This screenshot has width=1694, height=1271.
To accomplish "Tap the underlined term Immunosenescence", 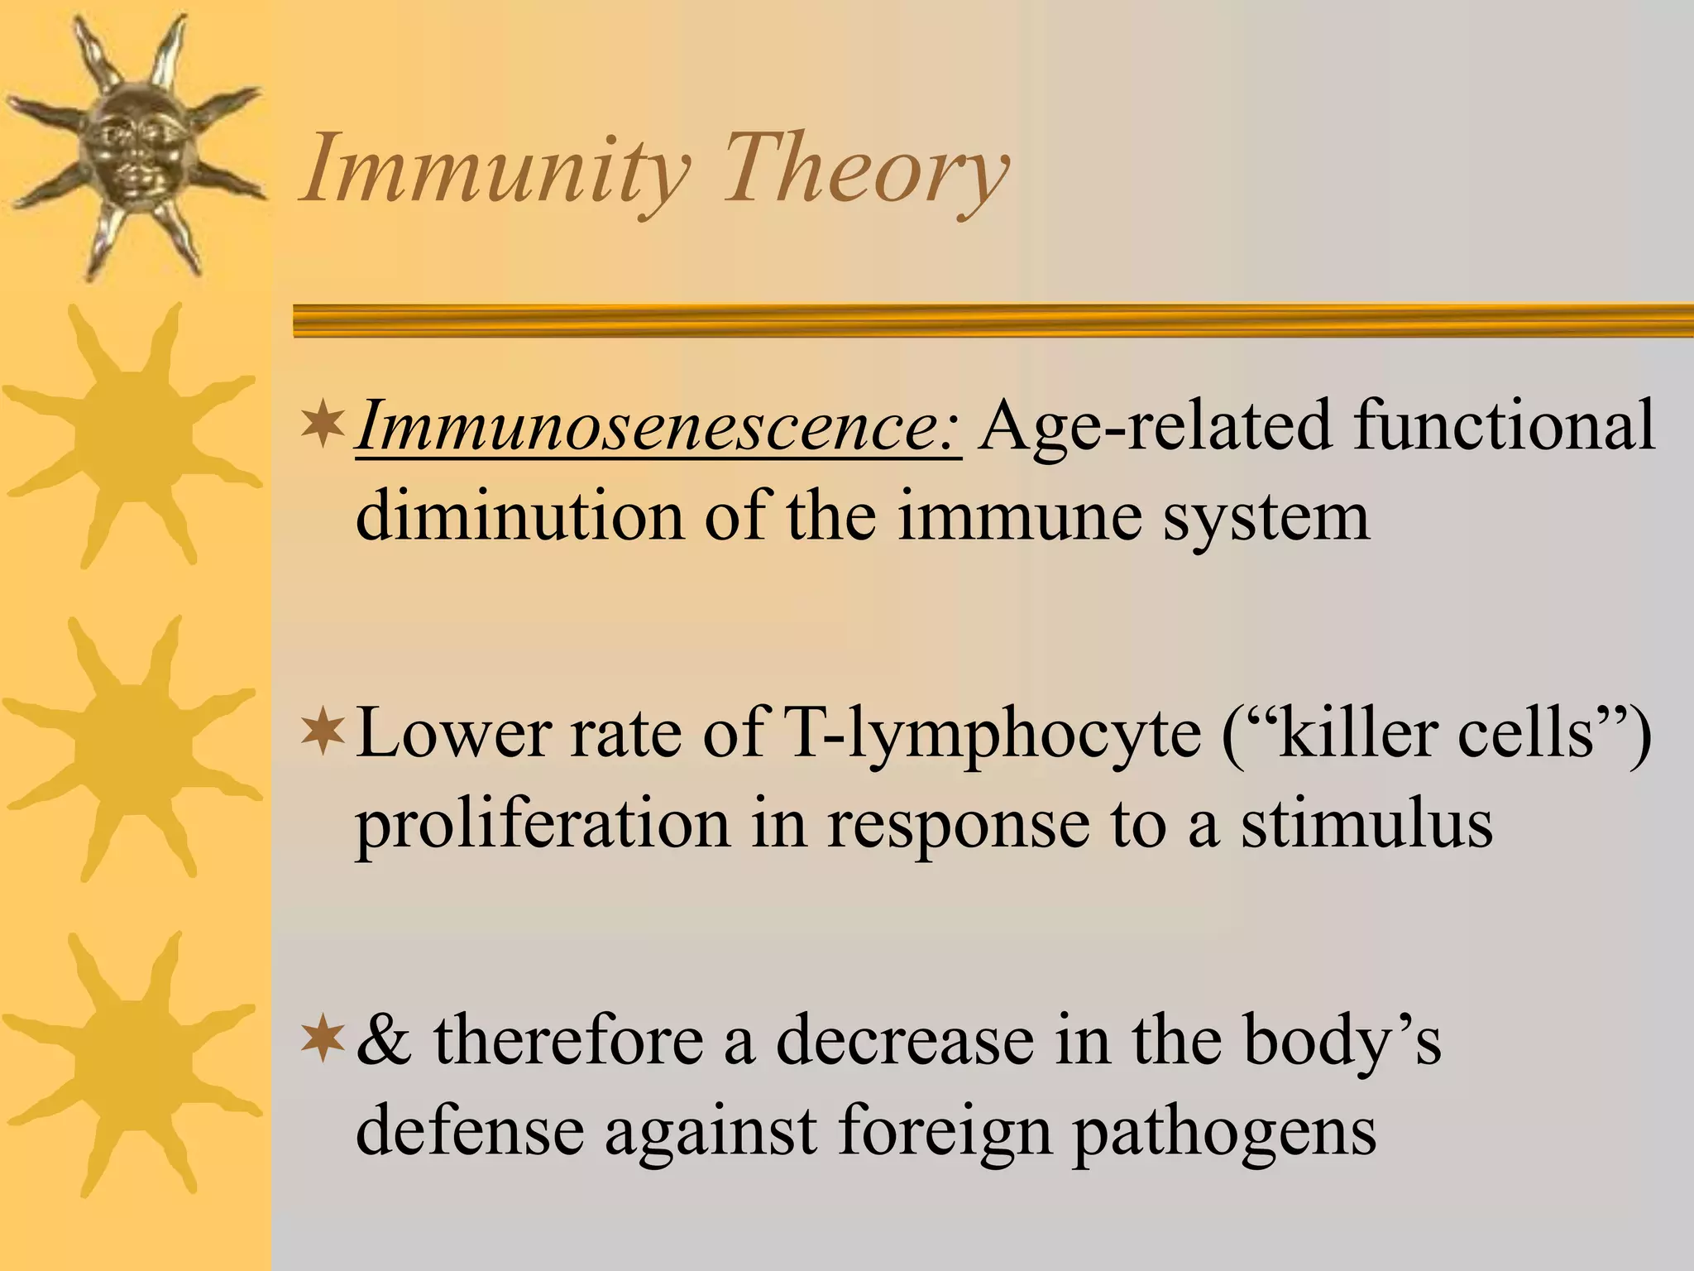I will [658, 426].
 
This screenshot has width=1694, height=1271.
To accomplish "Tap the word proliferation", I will [543, 826].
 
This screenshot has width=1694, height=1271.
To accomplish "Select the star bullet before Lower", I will [323, 731].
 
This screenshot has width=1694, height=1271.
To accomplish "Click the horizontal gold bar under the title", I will [993, 320].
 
